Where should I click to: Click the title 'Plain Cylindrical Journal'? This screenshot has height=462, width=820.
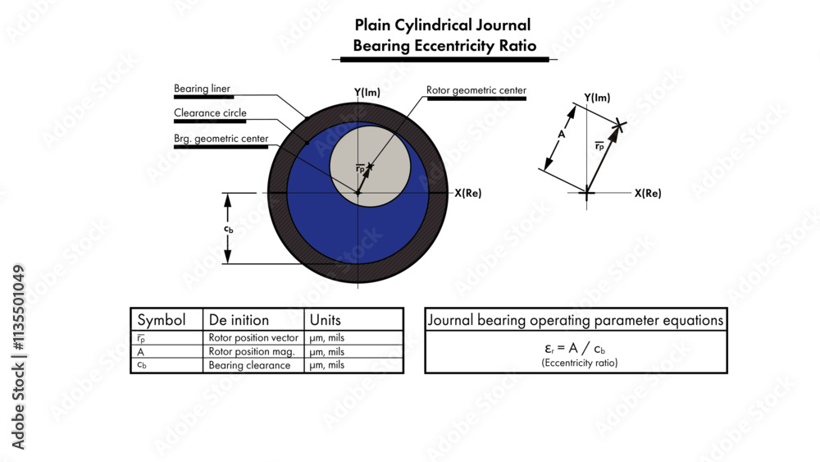443,25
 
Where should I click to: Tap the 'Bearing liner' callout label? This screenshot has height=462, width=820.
202,88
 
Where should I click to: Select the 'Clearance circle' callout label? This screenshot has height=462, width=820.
210,113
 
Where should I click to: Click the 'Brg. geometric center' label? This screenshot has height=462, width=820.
221,139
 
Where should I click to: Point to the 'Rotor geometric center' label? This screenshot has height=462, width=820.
476,90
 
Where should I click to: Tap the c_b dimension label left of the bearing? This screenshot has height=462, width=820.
229,229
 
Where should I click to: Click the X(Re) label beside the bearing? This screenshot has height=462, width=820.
467,194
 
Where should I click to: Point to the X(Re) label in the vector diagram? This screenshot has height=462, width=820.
648,194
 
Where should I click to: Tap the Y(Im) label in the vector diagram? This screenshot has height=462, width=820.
597,98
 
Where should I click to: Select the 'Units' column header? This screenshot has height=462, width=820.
325,320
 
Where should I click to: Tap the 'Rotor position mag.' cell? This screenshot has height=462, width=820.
247,351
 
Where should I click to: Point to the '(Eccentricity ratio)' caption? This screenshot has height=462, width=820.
575,362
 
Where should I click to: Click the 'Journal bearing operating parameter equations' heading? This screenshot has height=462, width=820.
575,320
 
